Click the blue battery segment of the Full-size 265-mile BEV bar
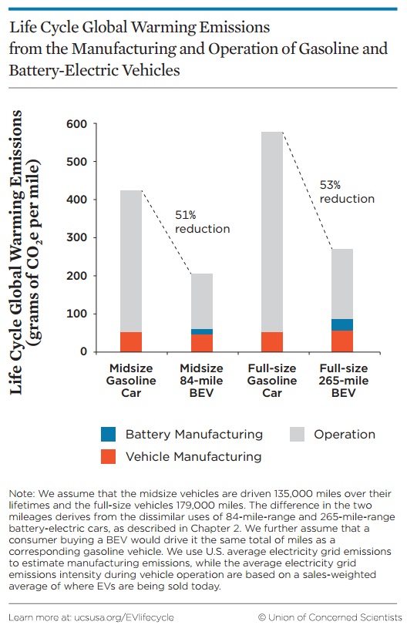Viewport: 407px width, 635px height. point(342,324)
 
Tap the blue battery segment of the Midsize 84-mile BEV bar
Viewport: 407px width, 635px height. point(202,331)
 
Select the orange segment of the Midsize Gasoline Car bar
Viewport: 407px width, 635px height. point(131,342)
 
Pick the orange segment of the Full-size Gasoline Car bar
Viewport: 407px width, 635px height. point(272,342)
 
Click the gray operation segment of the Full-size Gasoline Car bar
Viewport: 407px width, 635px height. point(272,232)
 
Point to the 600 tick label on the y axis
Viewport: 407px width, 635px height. point(77,124)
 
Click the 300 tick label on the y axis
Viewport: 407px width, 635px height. point(77,237)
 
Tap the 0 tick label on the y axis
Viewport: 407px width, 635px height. point(83,351)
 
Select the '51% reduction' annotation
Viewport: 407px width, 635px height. point(202,222)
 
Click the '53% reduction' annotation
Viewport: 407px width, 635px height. point(347,192)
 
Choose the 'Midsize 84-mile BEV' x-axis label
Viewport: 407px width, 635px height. point(201,380)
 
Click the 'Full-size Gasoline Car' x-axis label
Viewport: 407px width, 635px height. point(272,380)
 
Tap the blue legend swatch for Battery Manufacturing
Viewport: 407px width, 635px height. point(108,434)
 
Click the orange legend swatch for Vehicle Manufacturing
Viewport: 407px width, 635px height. point(108,456)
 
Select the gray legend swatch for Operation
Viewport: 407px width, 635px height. point(297,434)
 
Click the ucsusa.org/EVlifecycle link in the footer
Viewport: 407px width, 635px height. point(123,617)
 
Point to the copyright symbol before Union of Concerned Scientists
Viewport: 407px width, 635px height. point(261,617)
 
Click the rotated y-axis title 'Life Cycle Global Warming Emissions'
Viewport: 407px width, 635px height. point(15,252)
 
